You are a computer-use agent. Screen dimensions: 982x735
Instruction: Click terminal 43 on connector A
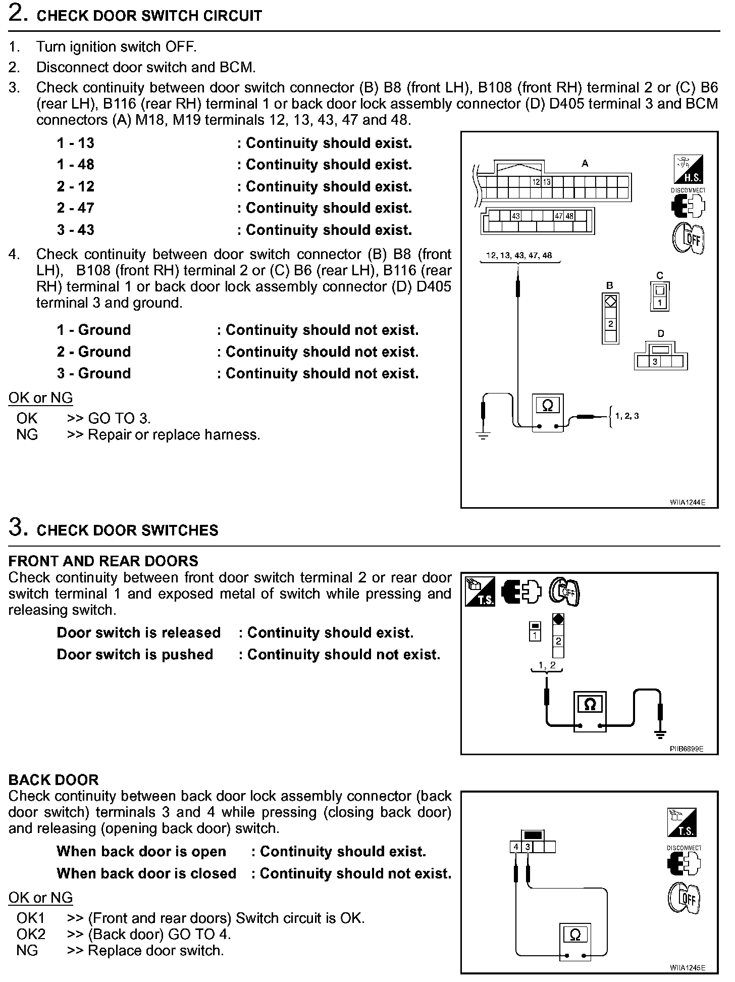[515, 216]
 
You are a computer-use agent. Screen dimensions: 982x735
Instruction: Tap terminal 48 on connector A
[569, 216]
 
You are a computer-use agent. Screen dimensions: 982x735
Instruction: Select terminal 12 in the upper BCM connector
[536, 182]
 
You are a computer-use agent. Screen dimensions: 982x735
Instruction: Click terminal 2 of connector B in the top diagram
[610, 324]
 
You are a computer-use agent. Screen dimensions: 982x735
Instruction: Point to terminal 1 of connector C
[660, 303]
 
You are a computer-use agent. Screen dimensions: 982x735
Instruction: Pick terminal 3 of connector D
[655, 362]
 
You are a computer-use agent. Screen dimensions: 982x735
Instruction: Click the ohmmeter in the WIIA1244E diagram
[547, 412]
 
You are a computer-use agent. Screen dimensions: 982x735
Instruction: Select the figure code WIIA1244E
[687, 502]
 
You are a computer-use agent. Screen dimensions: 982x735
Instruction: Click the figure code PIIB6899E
[686, 749]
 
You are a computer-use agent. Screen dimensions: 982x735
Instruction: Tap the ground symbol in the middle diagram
[660, 734]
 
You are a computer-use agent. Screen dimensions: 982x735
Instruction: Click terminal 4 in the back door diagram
[516, 847]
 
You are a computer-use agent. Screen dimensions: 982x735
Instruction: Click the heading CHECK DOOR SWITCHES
[128, 530]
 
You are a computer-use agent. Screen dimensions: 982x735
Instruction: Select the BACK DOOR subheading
[54, 780]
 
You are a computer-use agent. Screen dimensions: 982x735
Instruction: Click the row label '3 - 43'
[76, 230]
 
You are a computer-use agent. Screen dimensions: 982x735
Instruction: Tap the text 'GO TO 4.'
[202, 934]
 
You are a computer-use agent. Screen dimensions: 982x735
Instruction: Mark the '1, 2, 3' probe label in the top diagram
[627, 416]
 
